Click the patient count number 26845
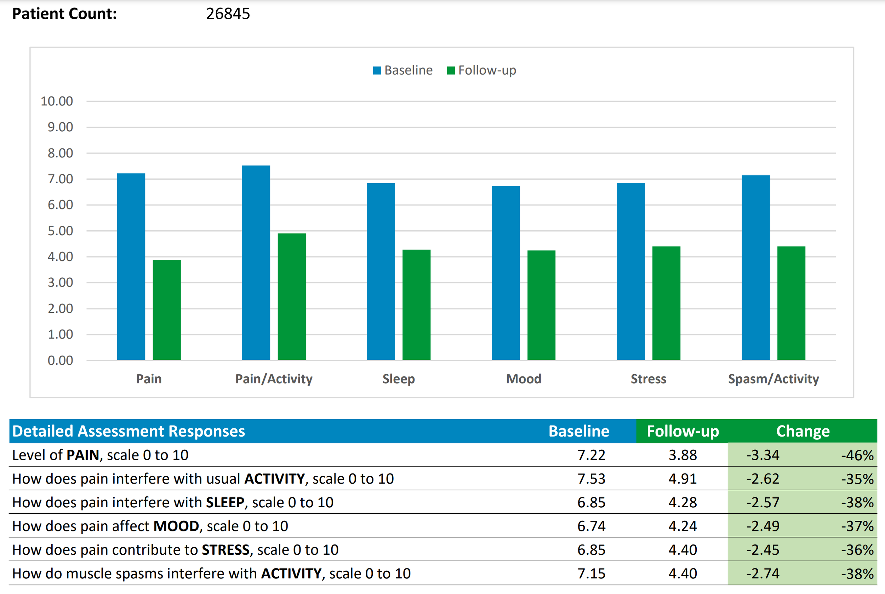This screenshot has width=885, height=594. pyautogui.click(x=228, y=14)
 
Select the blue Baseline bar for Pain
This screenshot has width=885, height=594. pyautogui.click(x=131, y=267)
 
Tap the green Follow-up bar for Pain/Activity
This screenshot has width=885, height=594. pyautogui.click(x=291, y=296)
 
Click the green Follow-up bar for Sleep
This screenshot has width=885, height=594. pyautogui.click(x=417, y=305)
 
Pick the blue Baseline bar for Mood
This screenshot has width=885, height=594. pyautogui.click(x=506, y=273)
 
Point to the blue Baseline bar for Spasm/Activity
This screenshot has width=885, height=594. pyautogui.click(x=756, y=267)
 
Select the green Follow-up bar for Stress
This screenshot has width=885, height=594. pyautogui.click(x=666, y=303)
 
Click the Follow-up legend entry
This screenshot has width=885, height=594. pyautogui.click(x=482, y=70)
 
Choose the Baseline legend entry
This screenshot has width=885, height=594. pyautogui.click(x=403, y=70)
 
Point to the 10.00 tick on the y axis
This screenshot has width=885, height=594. pyautogui.click(x=57, y=101)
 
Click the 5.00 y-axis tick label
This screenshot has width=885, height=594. pyautogui.click(x=60, y=231)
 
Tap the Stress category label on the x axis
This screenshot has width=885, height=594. pyautogui.click(x=649, y=379)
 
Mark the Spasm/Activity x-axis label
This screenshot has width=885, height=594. pyautogui.click(x=773, y=379)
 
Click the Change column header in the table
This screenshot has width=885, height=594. pyautogui.click(x=803, y=431)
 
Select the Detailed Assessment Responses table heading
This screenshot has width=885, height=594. pyautogui.click(x=129, y=431)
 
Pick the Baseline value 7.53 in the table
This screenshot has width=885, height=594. pyautogui.click(x=591, y=479)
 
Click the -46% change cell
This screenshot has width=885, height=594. pyautogui.click(x=857, y=455)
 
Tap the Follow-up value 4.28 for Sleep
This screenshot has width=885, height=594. pyautogui.click(x=683, y=502)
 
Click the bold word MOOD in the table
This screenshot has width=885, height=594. pyautogui.click(x=176, y=526)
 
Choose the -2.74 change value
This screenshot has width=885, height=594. pyautogui.click(x=763, y=573)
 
